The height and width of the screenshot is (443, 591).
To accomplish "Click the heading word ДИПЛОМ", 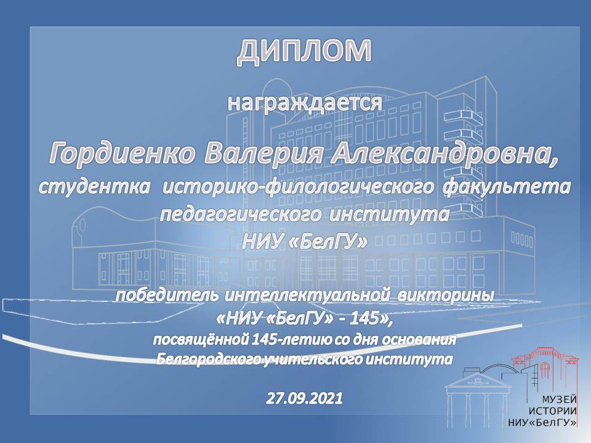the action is pyautogui.click(x=304, y=52).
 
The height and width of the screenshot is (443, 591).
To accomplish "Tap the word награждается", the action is pyautogui.click(x=305, y=103).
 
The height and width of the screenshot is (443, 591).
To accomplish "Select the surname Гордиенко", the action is pyautogui.click(x=123, y=154).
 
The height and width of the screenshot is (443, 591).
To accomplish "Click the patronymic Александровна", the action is pyautogui.click(x=444, y=154).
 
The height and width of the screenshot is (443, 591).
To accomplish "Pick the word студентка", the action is pyautogui.click(x=94, y=187).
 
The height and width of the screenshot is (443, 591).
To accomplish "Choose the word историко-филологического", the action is pyautogui.click(x=297, y=188).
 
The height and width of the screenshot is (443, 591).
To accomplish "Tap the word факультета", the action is pyautogui.click(x=507, y=188).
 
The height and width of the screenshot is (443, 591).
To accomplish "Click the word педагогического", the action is pyautogui.click(x=241, y=215).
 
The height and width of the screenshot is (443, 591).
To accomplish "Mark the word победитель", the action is pyautogui.click(x=167, y=295).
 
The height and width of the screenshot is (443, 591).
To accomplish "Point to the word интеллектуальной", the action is pyautogui.click(x=307, y=295).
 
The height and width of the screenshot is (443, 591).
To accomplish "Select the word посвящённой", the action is pyautogui.click(x=199, y=340).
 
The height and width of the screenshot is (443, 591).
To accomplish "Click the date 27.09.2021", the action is pyautogui.click(x=305, y=398).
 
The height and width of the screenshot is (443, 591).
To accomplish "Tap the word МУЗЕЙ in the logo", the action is pyautogui.click(x=560, y=399).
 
